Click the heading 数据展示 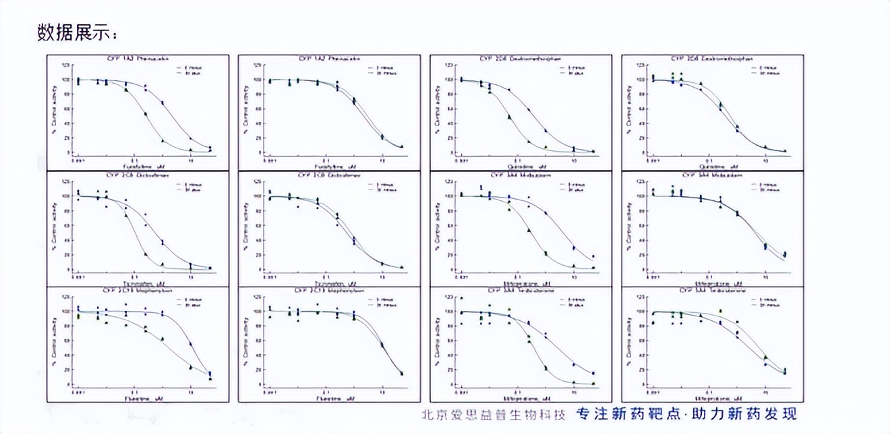(77, 32)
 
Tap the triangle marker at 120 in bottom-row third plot (462, 297)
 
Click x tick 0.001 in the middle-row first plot (78, 277)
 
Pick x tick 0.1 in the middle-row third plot (517, 277)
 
